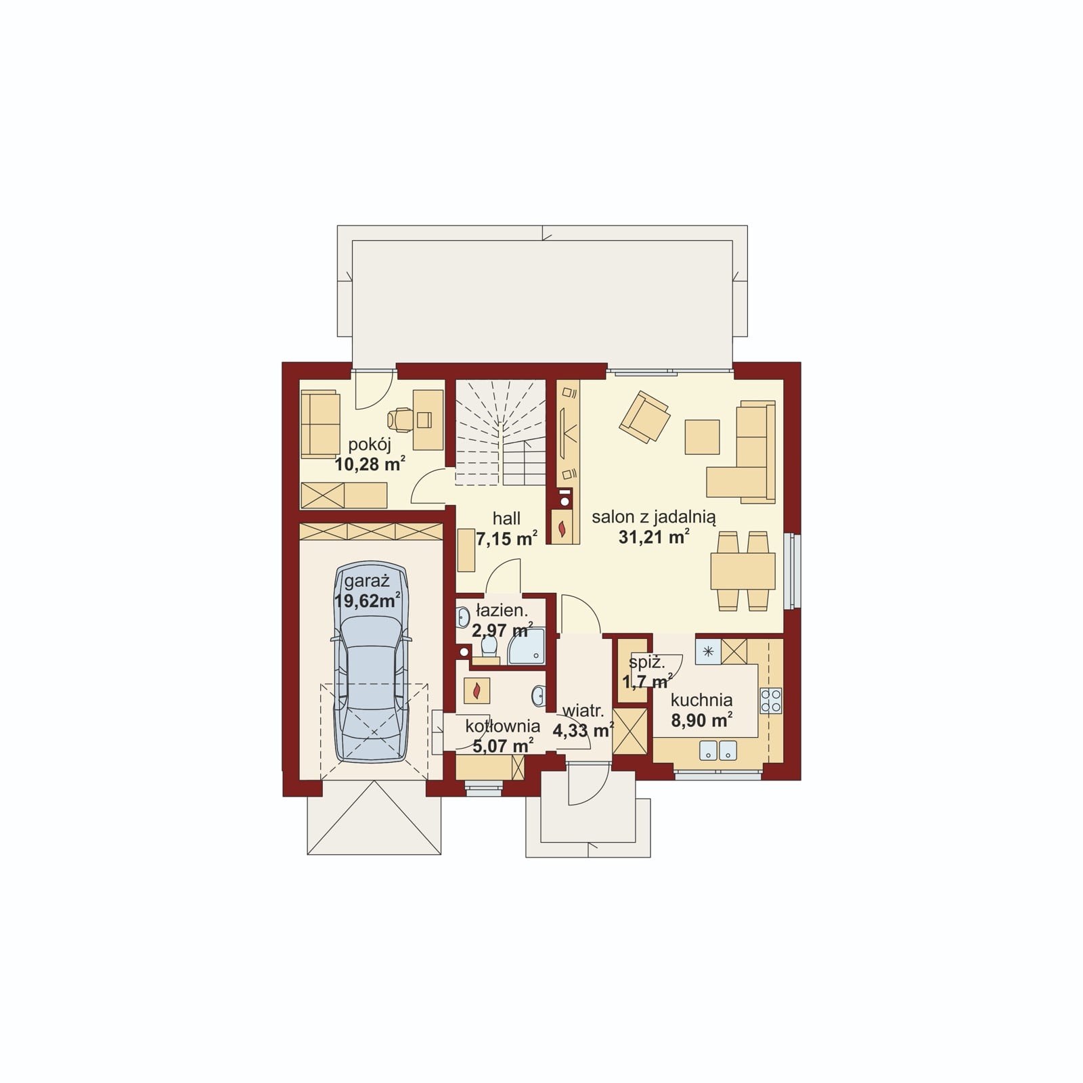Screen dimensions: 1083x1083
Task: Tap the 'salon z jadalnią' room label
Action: pos(654,517)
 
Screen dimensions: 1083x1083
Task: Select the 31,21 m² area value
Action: pos(654,537)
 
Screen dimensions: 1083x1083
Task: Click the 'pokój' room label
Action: pos(370,445)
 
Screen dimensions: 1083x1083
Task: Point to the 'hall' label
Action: pos(506,518)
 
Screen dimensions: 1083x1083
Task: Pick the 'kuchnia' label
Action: pos(701,700)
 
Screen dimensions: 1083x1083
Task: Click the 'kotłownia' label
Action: pos(502,726)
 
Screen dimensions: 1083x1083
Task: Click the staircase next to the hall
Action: pos(500,433)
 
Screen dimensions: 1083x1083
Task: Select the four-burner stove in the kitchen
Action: pos(771,700)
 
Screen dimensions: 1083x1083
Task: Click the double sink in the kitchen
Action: pos(717,750)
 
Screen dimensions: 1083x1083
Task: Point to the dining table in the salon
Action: pos(743,571)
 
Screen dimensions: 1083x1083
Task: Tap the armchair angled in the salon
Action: pos(644,416)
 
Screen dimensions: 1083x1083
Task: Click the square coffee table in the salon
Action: pos(702,437)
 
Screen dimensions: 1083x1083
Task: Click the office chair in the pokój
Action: pos(401,420)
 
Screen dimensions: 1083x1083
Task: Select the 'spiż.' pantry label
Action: pos(646,663)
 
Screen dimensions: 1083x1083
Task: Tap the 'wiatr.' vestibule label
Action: pos(583,711)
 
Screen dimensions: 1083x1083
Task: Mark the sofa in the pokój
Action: pos(320,423)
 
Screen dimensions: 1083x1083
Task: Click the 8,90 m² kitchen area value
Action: pos(701,720)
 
